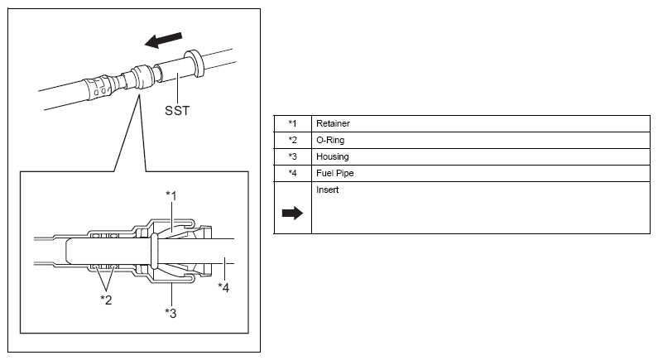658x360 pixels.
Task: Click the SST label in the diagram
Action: [x=176, y=109]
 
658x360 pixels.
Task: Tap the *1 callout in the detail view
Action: [x=171, y=195]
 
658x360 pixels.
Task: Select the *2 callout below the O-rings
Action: [x=107, y=299]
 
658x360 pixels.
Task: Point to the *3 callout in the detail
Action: [x=171, y=312]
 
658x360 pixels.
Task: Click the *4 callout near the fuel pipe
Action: [x=223, y=287]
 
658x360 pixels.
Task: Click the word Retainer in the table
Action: [x=333, y=123]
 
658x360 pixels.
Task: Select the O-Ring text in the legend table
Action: [x=329, y=140]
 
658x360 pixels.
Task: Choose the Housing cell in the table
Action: [x=331, y=156]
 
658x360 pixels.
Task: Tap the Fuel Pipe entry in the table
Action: [x=334, y=173]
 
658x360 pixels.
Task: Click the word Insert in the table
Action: [x=327, y=190]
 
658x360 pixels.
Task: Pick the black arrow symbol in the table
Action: [x=293, y=213]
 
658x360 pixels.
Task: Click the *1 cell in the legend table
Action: [x=292, y=123]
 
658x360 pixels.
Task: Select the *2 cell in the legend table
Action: [x=292, y=140]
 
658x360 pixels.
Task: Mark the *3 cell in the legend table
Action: [x=292, y=156]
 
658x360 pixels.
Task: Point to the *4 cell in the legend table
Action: [x=292, y=173]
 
